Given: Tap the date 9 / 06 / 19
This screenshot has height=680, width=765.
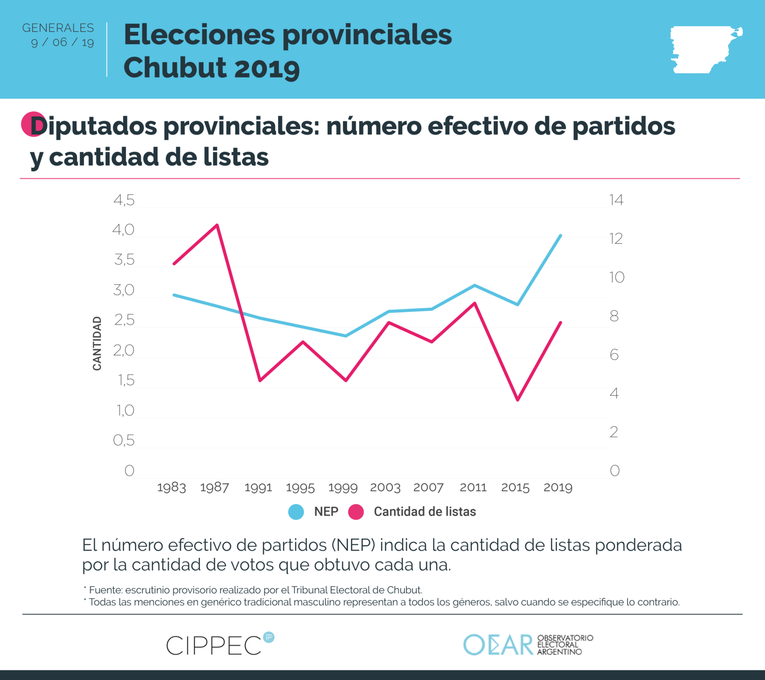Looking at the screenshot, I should click(x=62, y=42).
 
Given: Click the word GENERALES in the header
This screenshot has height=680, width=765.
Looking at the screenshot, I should click(x=58, y=28).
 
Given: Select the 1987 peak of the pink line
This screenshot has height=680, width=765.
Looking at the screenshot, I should click(x=217, y=225).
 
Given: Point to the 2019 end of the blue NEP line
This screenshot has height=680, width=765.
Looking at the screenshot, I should click(x=561, y=235).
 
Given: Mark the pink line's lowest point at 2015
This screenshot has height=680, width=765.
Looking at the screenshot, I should click(x=518, y=400).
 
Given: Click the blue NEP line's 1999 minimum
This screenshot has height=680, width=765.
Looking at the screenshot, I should click(x=345, y=335).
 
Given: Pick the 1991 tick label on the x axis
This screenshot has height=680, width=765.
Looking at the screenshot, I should click(x=258, y=488).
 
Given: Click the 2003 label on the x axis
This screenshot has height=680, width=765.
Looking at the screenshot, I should click(x=385, y=488).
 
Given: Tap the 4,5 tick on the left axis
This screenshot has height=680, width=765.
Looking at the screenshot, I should click(x=124, y=200).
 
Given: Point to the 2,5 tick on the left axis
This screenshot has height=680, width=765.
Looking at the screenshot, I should click(x=124, y=320).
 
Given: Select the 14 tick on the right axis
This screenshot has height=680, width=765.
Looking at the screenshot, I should click(x=616, y=200).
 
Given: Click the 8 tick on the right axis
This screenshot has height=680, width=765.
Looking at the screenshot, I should click(x=614, y=316).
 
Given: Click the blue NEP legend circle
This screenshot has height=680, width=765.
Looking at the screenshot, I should click(x=296, y=512).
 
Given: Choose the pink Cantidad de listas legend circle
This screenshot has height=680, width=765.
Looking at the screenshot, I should click(x=356, y=512).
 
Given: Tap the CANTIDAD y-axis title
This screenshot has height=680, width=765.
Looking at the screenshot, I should click(x=97, y=344).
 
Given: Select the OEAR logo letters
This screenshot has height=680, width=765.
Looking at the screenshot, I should click(x=498, y=645).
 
